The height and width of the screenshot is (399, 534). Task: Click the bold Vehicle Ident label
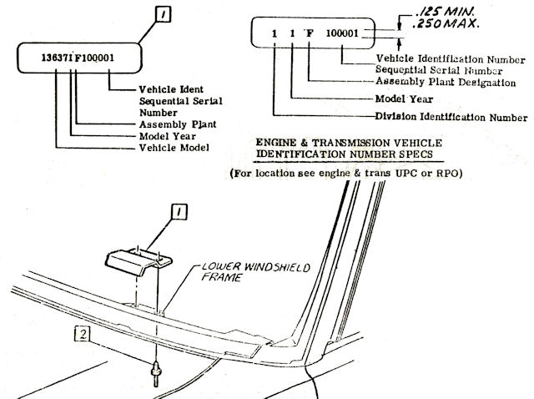tap(161, 89)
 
